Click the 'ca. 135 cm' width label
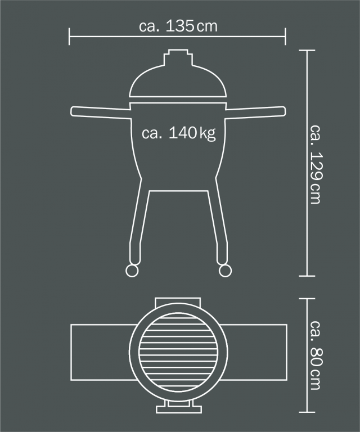pyautogui.click(x=178, y=26)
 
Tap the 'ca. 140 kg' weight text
pyautogui.click(x=178, y=133)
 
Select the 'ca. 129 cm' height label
pyautogui.click(x=315, y=164)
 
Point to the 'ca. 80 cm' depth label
pyautogui.click(x=315, y=355)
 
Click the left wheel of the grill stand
pyautogui.click(x=132, y=271)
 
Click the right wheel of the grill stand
pyautogui.click(x=225, y=271)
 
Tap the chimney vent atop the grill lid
pyautogui.click(x=178, y=57)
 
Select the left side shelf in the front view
pyautogui.click(x=101, y=112)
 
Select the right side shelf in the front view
pyautogui.click(x=255, y=112)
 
